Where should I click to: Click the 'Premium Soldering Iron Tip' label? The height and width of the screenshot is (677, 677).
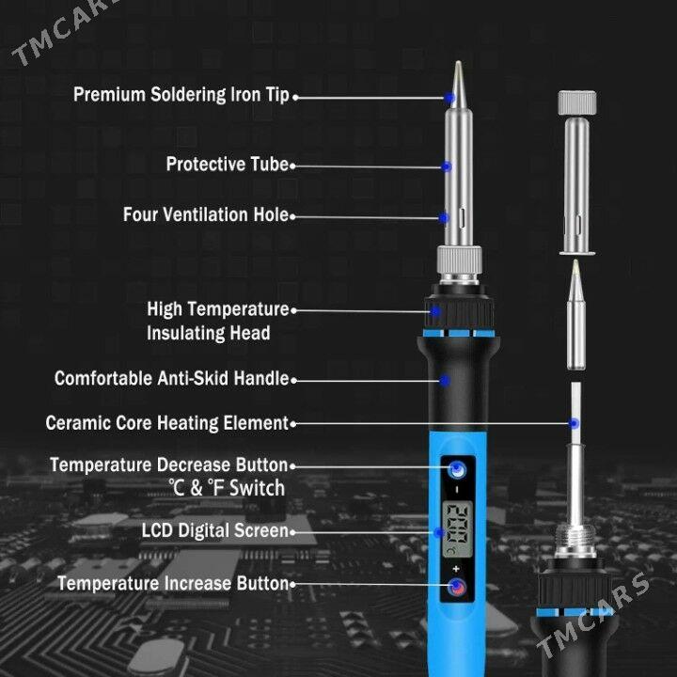tap(181, 95)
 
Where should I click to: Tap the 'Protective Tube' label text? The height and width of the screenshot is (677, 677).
tap(228, 164)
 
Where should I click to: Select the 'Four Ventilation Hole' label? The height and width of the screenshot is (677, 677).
tap(206, 214)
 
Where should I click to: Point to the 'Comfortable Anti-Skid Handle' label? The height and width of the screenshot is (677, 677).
tap(171, 378)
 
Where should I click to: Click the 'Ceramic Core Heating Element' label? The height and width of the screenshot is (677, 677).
tap(166, 423)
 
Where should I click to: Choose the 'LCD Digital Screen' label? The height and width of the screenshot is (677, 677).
tap(215, 530)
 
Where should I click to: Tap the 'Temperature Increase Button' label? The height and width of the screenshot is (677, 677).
tap(173, 583)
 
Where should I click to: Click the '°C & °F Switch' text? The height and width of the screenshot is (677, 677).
tap(227, 488)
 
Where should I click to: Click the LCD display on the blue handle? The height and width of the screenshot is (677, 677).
tap(458, 529)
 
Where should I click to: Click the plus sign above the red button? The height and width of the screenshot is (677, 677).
tap(456, 569)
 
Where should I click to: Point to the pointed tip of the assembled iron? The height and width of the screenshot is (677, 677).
tap(458, 62)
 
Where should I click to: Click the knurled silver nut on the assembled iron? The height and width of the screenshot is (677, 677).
tap(460, 260)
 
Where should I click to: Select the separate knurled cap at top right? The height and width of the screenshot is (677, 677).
tap(576, 102)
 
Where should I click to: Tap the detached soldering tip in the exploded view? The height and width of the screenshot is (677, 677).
tap(576, 315)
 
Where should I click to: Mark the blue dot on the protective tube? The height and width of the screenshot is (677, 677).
tap(447, 166)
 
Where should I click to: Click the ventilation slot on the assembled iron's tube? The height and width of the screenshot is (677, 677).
tap(463, 217)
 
